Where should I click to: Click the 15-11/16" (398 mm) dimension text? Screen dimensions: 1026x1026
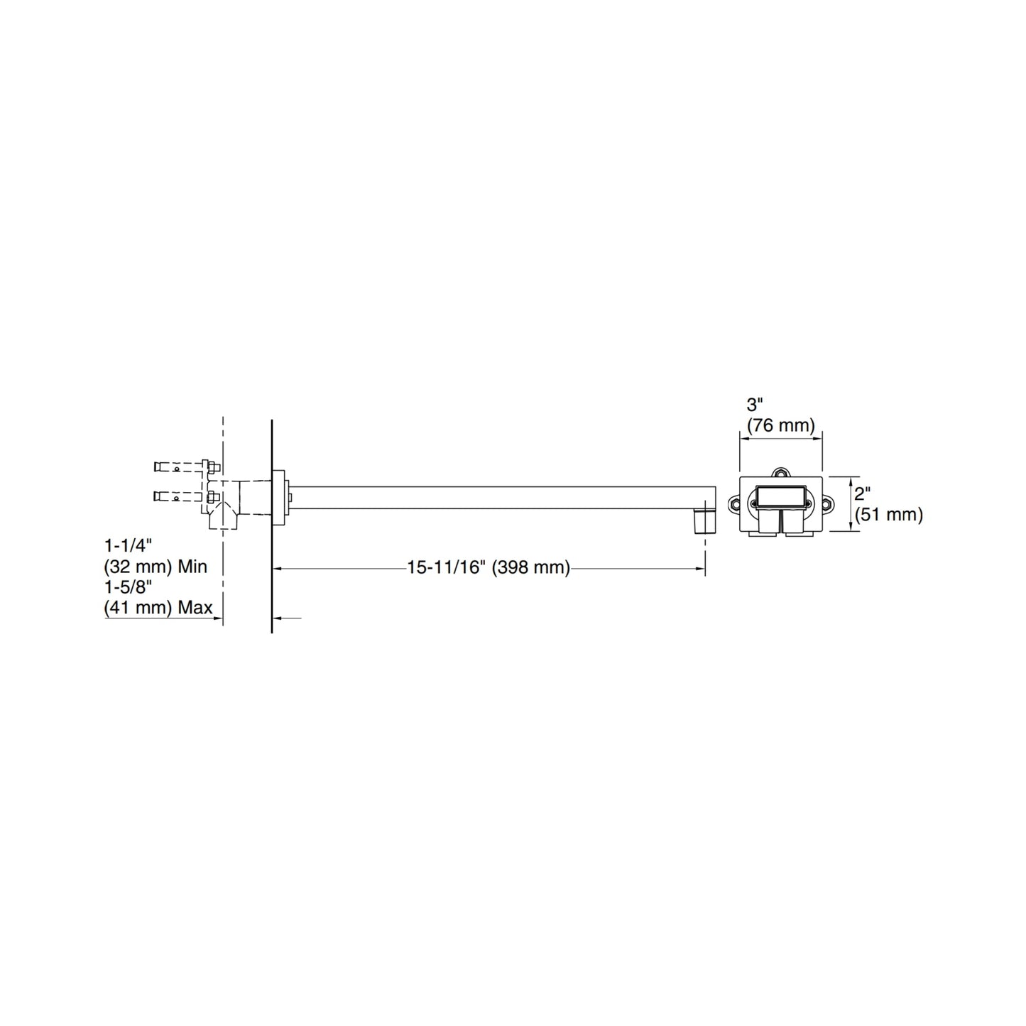[489, 567]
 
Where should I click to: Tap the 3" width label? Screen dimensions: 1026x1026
[755, 405]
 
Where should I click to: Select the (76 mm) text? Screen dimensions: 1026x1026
[780, 425]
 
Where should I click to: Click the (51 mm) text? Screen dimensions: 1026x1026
[889, 514]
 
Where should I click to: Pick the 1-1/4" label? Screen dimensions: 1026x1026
[128, 546]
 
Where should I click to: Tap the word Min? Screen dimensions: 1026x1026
[192, 567]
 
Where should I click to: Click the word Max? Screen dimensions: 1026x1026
[195, 608]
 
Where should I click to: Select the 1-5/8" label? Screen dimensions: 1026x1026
[128, 586]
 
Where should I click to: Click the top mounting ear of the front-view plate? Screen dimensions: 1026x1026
[780, 472]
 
